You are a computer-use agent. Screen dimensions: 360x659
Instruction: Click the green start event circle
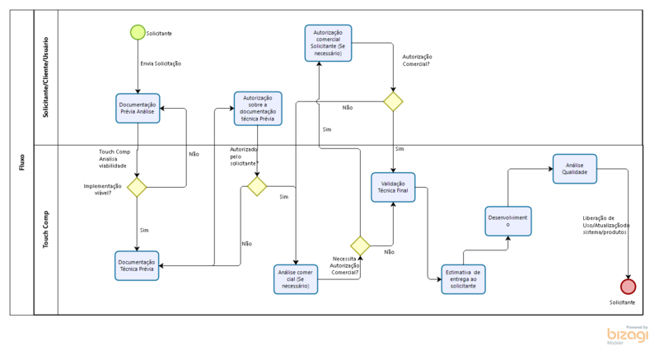pos(137,32)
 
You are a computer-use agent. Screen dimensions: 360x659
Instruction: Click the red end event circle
pos(629,286)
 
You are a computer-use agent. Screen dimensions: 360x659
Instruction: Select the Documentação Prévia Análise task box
pos(137,108)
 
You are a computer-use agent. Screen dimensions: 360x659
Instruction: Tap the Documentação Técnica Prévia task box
pos(137,265)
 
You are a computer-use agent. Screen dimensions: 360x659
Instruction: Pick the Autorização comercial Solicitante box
pos(328,42)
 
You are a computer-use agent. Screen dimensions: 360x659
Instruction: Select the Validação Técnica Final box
pos(393,186)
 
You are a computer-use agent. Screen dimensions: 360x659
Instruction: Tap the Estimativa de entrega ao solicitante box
pos(464,279)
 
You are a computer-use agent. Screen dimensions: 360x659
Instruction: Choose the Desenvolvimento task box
pos(508,221)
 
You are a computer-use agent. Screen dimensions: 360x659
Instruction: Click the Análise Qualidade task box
pos(575,168)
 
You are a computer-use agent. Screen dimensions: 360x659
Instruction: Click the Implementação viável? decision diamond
pos(137,187)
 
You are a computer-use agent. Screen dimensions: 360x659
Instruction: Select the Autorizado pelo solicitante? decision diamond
pos(257,186)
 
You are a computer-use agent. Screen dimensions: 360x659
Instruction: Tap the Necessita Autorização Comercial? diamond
pos(360,245)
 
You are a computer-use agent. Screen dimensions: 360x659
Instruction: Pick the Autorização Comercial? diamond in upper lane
pos(393,101)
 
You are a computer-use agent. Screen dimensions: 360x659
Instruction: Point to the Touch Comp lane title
pos(46,230)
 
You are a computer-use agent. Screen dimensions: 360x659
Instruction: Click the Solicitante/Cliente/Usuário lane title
pos(46,77)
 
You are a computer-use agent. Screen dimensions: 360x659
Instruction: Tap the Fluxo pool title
pos(21,161)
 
